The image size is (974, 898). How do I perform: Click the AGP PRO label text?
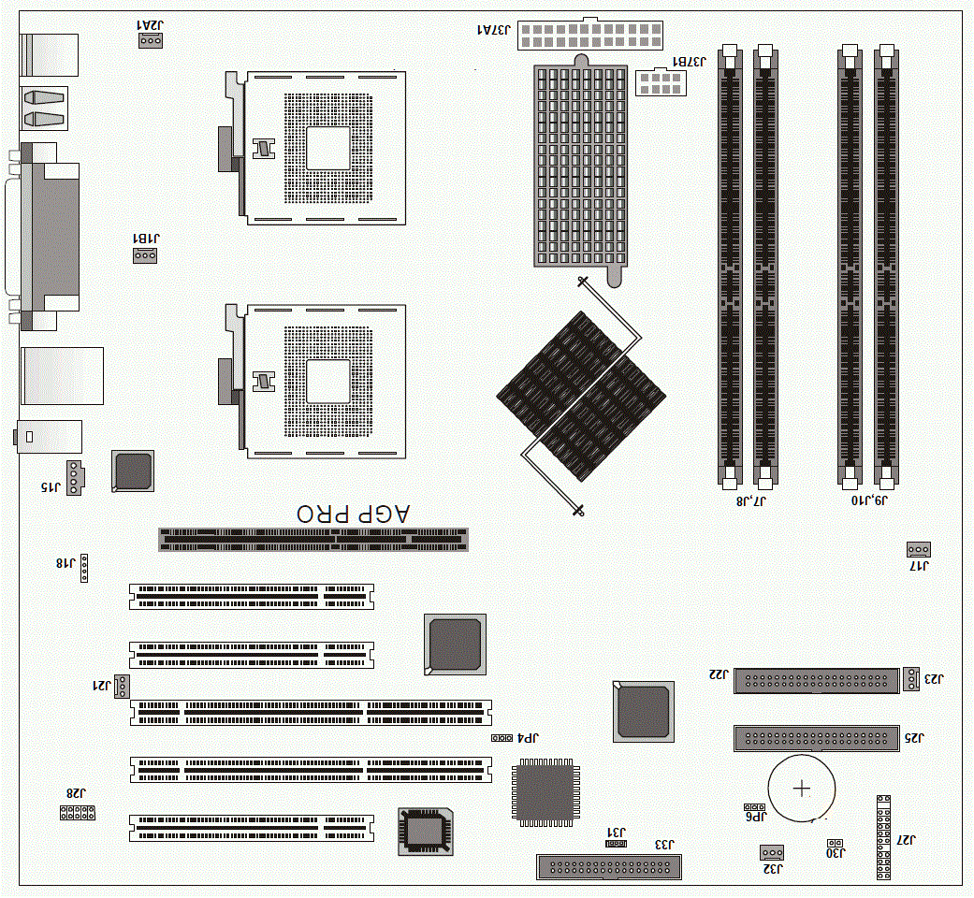click(x=353, y=514)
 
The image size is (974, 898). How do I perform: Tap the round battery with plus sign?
click(x=802, y=789)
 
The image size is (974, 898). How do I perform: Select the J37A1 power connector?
click(x=590, y=35)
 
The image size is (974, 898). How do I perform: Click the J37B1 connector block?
click(x=661, y=82)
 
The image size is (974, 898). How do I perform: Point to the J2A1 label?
click(x=150, y=25)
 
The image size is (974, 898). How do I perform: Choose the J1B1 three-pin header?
click(x=145, y=255)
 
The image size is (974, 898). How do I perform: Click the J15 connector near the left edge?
click(x=75, y=478)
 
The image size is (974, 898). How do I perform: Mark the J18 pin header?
click(x=84, y=568)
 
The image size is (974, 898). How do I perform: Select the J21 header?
click(x=121, y=687)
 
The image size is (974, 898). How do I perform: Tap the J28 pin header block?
click(x=78, y=812)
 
